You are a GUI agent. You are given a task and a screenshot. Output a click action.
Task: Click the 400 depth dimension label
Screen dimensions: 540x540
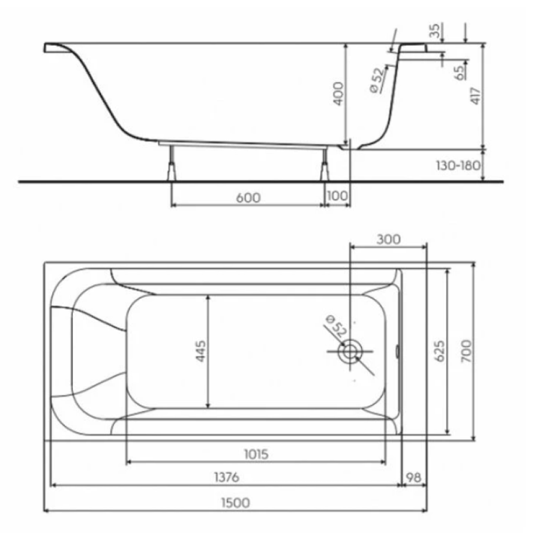pyautogui.click(x=338, y=94)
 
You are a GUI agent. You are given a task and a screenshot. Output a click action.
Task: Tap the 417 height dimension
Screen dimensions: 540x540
pyautogui.click(x=476, y=96)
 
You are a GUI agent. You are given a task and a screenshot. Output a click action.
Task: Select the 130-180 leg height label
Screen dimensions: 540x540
pyautogui.click(x=458, y=166)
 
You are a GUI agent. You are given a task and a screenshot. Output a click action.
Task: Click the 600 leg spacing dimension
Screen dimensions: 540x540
pyautogui.click(x=248, y=197)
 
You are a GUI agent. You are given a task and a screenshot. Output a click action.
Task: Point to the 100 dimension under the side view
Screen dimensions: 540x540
pyautogui.click(x=337, y=196)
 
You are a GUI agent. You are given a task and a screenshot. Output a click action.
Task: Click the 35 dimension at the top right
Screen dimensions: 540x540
pyautogui.click(x=436, y=31)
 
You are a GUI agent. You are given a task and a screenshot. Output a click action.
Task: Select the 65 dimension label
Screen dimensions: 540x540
pyautogui.click(x=460, y=73)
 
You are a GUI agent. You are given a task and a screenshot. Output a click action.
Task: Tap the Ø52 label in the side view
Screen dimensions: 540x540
pyautogui.click(x=377, y=80)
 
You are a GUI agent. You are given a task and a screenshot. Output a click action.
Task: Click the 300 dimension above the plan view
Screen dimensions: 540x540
pyautogui.click(x=388, y=239)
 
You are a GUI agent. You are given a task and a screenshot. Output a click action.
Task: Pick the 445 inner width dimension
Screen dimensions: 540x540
pyautogui.click(x=200, y=351)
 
